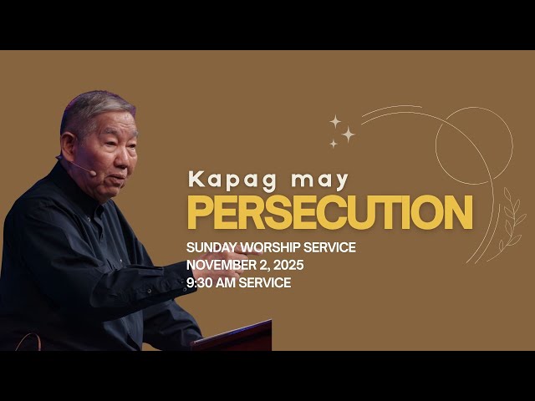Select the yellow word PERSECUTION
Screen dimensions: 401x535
coord(329,213)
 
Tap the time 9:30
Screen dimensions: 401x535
coord(201,283)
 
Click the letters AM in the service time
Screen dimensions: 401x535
coord(231,283)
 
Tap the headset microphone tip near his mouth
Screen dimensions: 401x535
coord(93,174)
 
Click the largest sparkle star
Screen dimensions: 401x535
coord(348,134)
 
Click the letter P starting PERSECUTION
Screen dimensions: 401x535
coord(199,213)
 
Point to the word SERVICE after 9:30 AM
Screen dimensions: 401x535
coord(268,283)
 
